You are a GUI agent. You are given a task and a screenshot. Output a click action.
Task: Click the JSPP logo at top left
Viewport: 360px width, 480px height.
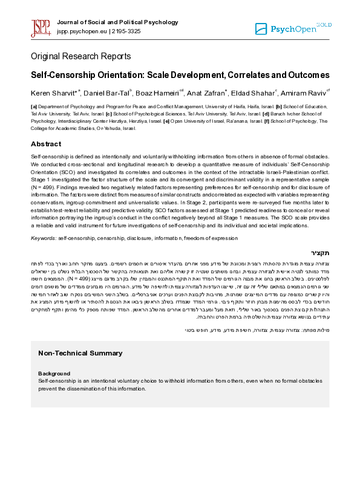coord(41,27)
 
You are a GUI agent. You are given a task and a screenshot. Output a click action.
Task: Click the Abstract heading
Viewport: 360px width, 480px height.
coord(46,144)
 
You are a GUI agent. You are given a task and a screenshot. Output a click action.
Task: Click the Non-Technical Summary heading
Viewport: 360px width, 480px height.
coord(80,352)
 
